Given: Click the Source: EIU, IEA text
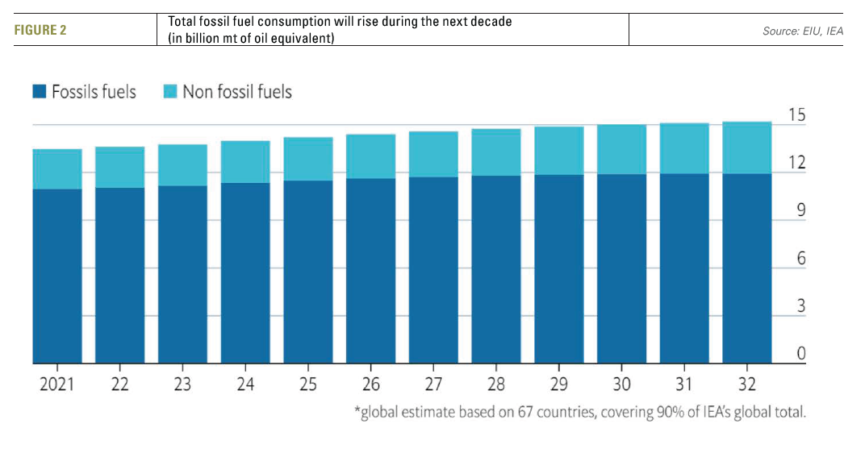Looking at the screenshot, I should [x=803, y=31].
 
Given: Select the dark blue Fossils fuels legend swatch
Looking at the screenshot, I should [x=40, y=92].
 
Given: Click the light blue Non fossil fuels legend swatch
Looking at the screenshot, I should [x=170, y=92].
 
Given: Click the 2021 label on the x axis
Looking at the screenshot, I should [x=56, y=384].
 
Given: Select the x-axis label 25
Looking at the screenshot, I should [x=307, y=384].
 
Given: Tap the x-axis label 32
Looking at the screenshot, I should [x=746, y=384].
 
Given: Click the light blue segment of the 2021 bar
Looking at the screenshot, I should [x=57, y=169].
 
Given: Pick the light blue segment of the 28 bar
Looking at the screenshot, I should [x=496, y=152].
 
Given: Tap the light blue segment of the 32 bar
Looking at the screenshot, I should [x=747, y=148].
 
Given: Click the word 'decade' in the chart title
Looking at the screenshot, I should [x=489, y=22].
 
